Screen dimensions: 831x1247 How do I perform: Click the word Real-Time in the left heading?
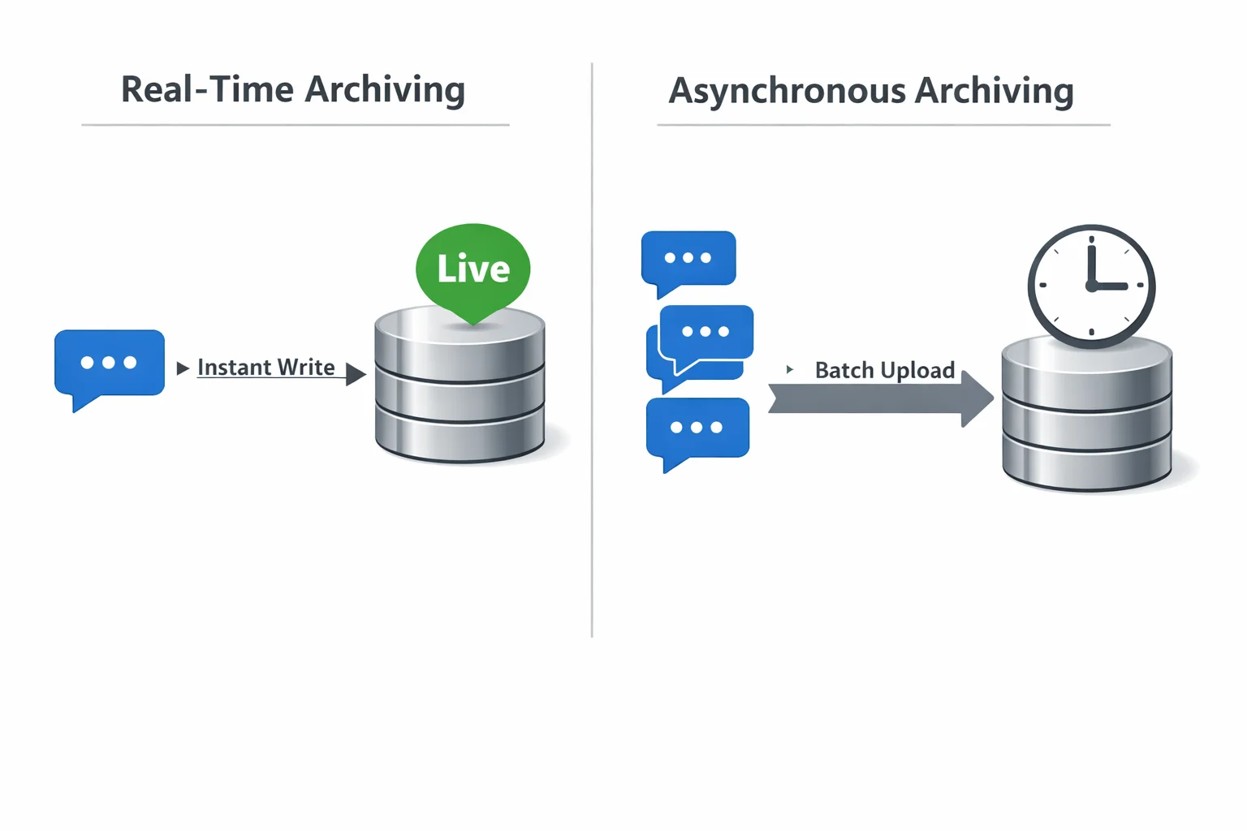pyautogui.click(x=206, y=89)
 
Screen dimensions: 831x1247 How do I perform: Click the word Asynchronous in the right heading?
pyautogui.click(x=786, y=91)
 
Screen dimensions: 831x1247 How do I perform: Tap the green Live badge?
pyautogui.click(x=472, y=268)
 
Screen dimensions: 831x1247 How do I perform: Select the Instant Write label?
pyautogui.click(x=265, y=368)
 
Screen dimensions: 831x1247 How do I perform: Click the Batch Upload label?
pyautogui.click(x=884, y=370)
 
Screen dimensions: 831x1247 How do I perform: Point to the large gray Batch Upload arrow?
pyautogui.click(x=877, y=399)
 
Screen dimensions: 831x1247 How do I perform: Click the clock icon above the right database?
pyautogui.click(x=1091, y=286)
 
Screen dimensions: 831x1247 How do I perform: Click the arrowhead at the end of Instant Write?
pyautogui.click(x=355, y=374)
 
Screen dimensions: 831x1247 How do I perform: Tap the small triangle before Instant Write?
pyautogui.click(x=182, y=368)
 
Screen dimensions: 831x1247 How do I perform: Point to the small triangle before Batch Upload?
pyautogui.click(x=789, y=369)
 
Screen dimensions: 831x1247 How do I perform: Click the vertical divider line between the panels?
pyautogui.click(x=592, y=349)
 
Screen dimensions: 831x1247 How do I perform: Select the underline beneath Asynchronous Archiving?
pyautogui.click(x=883, y=125)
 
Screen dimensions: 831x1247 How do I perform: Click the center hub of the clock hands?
pyautogui.click(x=1091, y=286)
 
